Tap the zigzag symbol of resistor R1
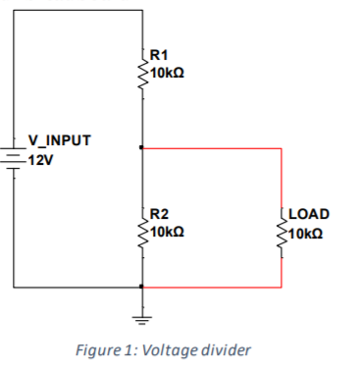click(143, 66)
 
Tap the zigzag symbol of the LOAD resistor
click(283, 224)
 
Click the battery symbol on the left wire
click(14, 156)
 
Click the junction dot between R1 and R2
click(143, 148)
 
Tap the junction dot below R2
click(143, 288)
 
